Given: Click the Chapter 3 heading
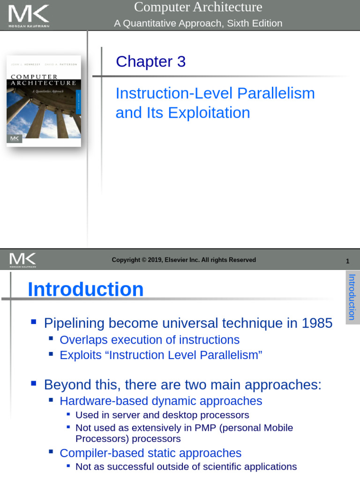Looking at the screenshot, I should [x=150, y=61].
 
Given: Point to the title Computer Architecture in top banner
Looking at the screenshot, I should [x=198, y=7].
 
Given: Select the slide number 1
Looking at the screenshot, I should [x=347, y=261].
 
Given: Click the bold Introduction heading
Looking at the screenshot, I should [x=85, y=289].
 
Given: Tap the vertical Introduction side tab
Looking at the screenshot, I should [x=352, y=297].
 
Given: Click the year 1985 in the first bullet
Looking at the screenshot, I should [x=317, y=323].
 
